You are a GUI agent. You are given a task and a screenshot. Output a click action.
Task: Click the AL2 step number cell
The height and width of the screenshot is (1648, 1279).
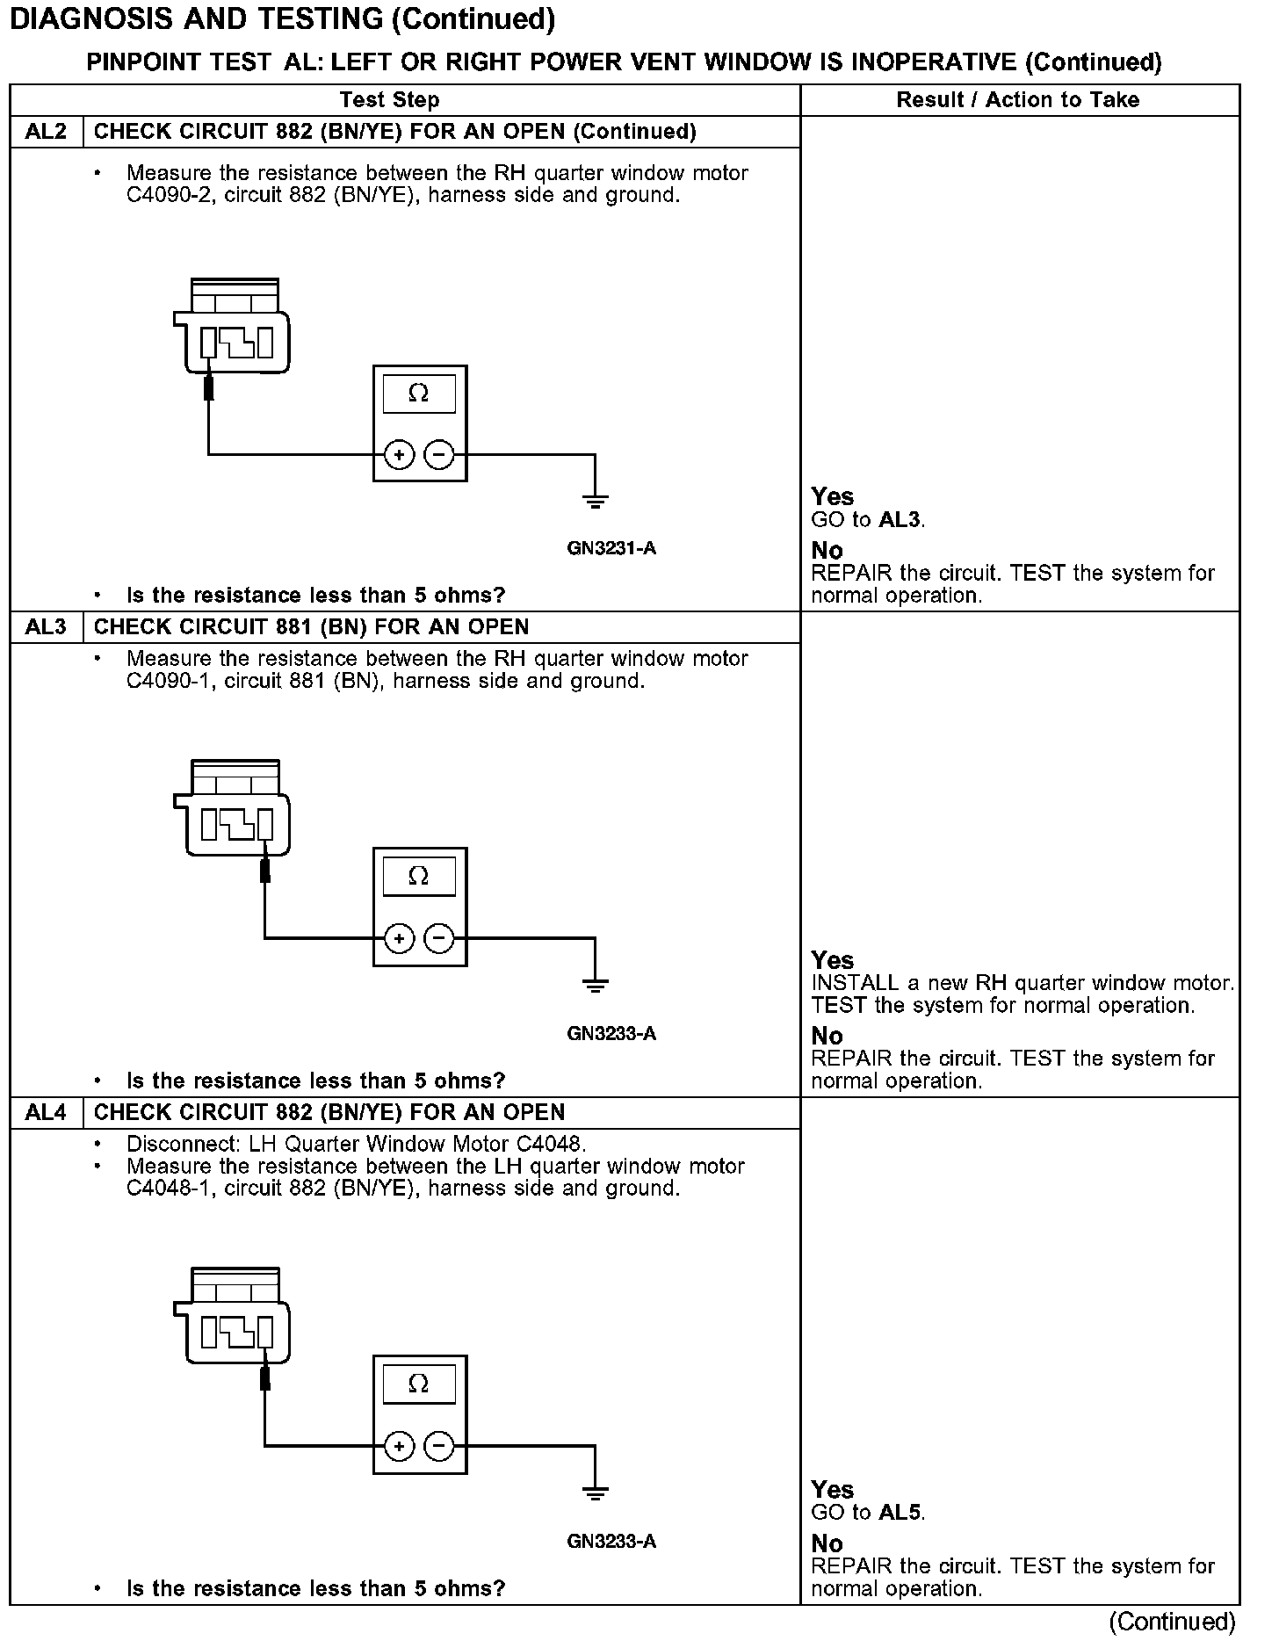coord(46,132)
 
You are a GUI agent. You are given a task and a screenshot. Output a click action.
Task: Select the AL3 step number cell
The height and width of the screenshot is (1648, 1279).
coord(46,627)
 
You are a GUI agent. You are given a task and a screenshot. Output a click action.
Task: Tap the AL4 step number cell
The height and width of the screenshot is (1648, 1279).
coord(46,1113)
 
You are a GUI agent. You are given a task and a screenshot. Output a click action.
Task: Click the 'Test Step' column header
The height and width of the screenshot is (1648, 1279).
coord(389,100)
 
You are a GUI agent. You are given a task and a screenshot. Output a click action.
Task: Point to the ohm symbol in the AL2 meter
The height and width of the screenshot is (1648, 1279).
coord(419,394)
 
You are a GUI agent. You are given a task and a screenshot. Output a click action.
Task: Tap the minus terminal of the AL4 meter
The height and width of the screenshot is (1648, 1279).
coord(439,1446)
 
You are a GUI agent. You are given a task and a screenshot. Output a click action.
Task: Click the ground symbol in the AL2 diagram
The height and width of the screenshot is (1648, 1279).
coord(595,502)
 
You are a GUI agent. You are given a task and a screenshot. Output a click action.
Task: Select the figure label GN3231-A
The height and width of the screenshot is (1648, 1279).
coord(611,549)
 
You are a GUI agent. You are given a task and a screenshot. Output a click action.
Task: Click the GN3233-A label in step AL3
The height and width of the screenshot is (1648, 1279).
coord(611,1034)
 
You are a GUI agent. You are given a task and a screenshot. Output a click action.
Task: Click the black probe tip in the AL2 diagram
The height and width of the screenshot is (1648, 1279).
coord(208,387)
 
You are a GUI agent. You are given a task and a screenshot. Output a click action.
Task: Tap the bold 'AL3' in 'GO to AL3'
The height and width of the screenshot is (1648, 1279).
coord(900,520)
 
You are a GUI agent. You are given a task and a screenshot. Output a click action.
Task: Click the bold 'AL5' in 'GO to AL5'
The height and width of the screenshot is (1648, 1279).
coord(900,1513)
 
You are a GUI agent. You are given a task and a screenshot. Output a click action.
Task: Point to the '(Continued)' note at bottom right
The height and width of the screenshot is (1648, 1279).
coord(1172,1622)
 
